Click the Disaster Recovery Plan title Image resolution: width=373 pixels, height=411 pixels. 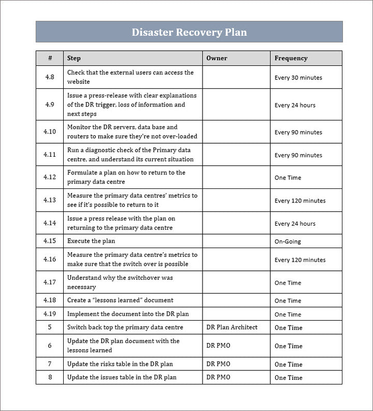pos(189,32)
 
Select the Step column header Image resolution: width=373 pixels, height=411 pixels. pos(74,58)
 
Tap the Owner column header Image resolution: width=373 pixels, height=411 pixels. pos(217,58)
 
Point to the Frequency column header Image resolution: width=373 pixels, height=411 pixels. pos(291,58)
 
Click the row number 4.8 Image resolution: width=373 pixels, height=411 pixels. pos(50,77)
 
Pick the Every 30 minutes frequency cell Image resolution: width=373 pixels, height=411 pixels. pos(298,77)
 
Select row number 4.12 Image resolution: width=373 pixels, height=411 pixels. pos(50,177)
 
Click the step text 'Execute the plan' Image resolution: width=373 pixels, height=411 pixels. pos(91,241)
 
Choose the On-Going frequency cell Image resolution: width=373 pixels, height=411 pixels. pos(288,241)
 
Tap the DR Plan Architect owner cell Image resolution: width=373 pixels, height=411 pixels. pos(232,327)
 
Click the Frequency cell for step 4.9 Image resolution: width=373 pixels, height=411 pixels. pos(295,105)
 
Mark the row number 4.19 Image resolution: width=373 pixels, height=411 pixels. pos(50,314)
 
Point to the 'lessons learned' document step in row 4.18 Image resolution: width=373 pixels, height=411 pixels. pos(120,300)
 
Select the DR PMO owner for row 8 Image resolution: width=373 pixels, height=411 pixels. pos(218,377)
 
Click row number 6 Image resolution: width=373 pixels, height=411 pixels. pos(50,346)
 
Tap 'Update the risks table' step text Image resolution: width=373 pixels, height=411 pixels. pos(120,364)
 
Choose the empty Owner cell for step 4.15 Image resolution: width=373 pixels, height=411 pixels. pos(236,241)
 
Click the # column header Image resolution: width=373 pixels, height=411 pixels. pos(50,58)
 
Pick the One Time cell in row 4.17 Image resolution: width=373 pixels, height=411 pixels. pos(288,283)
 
